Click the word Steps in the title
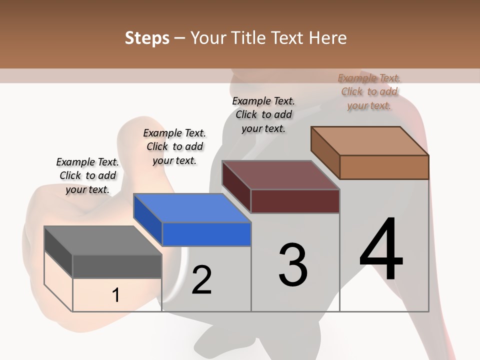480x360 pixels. (x=147, y=38)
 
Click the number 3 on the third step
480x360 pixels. (x=293, y=264)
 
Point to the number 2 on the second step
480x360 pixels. (x=201, y=280)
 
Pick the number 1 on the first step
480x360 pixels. (x=116, y=295)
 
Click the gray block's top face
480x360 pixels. (x=103, y=240)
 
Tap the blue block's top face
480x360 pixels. (x=192, y=208)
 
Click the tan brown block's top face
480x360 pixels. (x=370, y=141)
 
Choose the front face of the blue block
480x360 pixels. (x=206, y=234)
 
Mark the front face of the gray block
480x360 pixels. (x=117, y=266)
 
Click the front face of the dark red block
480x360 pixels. (x=295, y=201)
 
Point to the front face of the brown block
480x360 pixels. (x=384, y=167)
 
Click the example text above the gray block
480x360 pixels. (x=87, y=175)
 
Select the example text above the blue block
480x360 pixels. (x=174, y=146)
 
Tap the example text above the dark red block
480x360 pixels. (x=263, y=114)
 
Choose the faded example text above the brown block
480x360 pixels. (x=369, y=91)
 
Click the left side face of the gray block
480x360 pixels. (x=58, y=252)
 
